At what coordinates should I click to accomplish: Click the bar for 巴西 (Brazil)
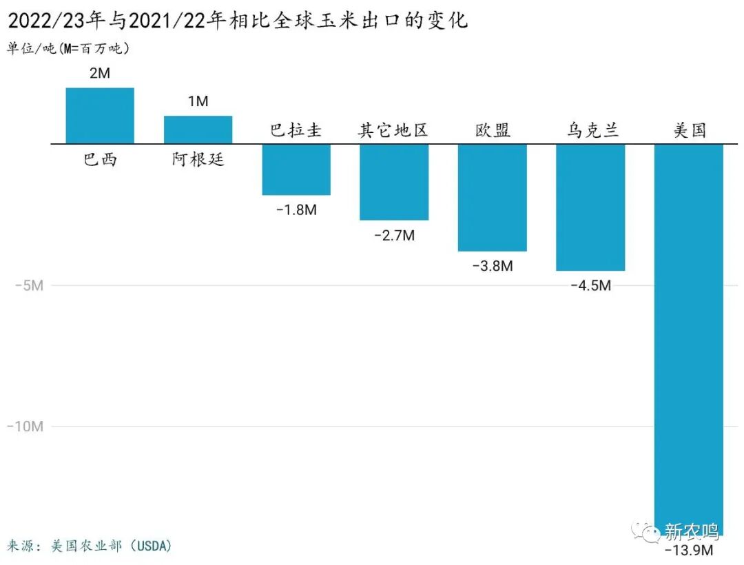(100, 116)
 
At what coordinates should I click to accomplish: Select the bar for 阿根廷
(198, 130)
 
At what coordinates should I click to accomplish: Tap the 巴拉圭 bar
(296, 169)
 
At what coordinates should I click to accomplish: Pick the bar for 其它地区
(394, 182)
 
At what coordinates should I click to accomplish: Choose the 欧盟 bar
(493, 198)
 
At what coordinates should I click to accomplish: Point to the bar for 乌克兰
(590, 207)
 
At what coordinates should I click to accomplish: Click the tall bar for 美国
(688, 338)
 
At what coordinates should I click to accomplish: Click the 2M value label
(100, 73)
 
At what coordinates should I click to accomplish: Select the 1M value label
(198, 101)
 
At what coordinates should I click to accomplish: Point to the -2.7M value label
(394, 236)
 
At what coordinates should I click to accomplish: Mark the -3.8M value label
(493, 266)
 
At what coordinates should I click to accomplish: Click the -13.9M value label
(688, 551)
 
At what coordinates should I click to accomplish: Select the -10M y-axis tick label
(25, 427)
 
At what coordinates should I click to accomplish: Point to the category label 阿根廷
(198, 160)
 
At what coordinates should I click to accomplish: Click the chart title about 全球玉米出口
(238, 20)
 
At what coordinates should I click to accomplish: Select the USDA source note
(90, 546)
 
